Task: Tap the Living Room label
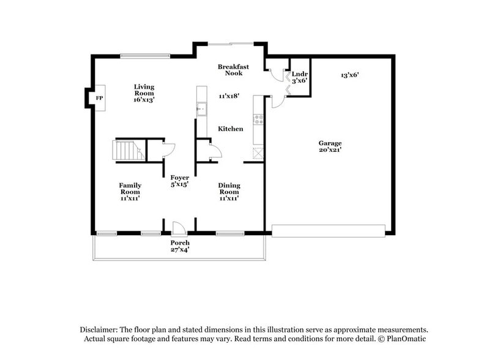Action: [x=144, y=92]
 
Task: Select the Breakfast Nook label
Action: [x=233, y=70]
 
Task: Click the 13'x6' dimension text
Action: [x=349, y=75]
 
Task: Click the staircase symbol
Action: [x=127, y=150]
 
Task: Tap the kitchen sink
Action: [x=201, y=110]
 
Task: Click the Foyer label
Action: [x=179, y=181]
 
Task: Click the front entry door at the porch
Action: [x=179, y=228]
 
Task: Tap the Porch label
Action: [x=179, y=246]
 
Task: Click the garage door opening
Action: [x=329, y=230]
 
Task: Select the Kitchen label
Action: [x=231, y=129]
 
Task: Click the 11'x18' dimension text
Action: [x=228, y=96]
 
